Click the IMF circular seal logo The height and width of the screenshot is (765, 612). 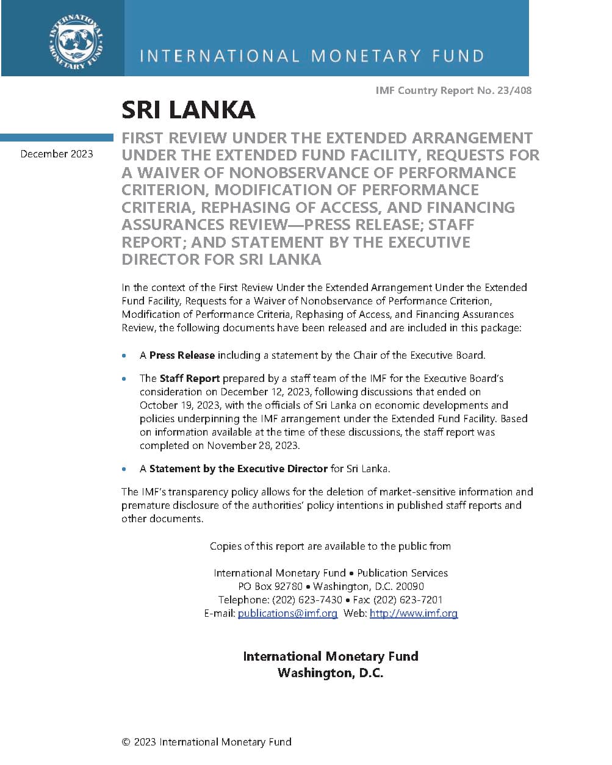click(x=75, y=41)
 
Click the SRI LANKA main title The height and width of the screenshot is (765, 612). click(x=188, y=110)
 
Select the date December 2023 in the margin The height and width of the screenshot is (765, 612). click(x=57, y=154)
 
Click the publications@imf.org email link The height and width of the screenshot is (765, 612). click(x=287, y=613)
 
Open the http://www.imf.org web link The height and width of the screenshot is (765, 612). click(x=413, y=613)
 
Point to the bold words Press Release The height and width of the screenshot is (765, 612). click(x=182, y=355)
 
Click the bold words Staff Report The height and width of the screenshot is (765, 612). click(x=181, y=378)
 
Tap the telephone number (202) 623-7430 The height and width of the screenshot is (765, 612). click(x=307, y=600)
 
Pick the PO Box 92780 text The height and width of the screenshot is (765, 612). click(x=270, y=586)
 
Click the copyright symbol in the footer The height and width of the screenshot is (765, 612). click(x=126, y=742)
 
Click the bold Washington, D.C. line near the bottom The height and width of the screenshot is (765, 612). click(x=330, y=673)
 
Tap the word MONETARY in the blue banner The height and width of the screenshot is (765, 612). click(x=366, y=56)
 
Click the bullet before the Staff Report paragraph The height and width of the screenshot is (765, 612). click(x=124, y=379)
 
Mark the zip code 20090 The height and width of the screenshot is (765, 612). click(x=409, y=586)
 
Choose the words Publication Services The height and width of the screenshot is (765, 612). click(x=402, y=573)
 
